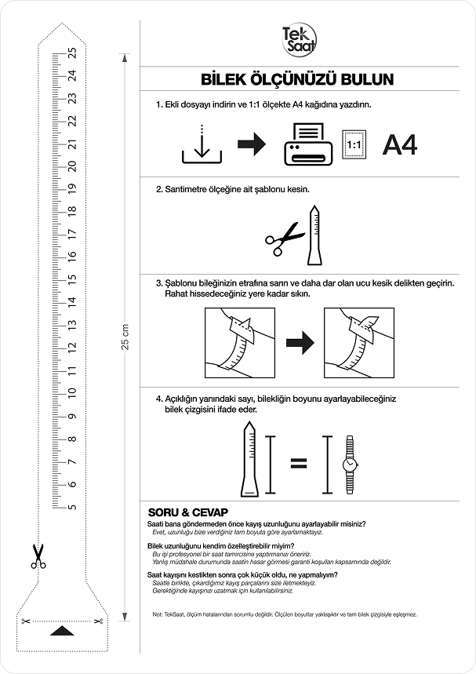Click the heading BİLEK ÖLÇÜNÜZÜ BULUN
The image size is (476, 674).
(x=297, y=79)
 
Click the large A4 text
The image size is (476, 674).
(x=398, y=145)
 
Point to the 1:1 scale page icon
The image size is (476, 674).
(x=354, y=146)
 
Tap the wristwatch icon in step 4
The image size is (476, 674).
(x=348, y=465)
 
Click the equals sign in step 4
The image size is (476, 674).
(x=298, y=465)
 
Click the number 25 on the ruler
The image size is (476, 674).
(x=72, y=53)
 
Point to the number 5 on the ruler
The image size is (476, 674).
(x=72, y=506)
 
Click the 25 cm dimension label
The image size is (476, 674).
(x=125, y=337)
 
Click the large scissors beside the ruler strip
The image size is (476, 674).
(x=37, y=556)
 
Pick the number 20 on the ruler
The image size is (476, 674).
(x=72, y=166)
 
